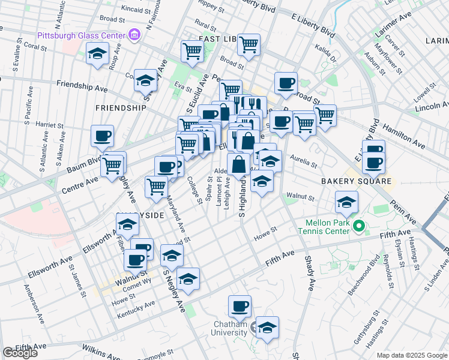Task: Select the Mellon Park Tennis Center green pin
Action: coord(359,227)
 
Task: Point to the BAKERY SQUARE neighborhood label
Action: coord(356,181)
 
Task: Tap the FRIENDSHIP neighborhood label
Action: coord(120,108)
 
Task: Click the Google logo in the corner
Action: coord(20,353)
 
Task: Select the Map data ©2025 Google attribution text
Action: coord(411,355)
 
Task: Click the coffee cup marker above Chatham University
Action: coord(240,306)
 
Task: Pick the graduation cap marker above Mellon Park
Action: coord(346,202)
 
